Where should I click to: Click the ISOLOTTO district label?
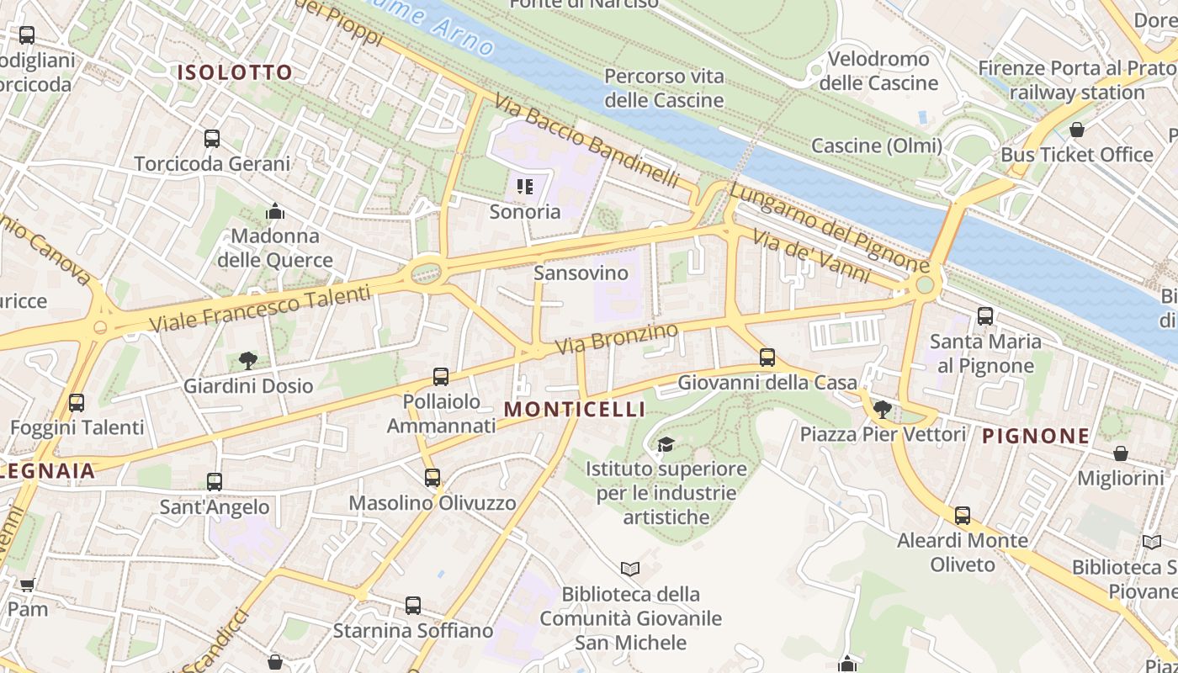(x=234, y=72)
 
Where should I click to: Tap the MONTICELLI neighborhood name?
(x=575, y=410)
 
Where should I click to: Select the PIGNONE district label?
(x=1036, y=436)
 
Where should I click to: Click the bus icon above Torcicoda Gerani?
(x=212, y=138)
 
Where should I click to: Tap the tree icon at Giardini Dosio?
(x=247, y=361)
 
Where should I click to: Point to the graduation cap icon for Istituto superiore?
(x=666, y=444)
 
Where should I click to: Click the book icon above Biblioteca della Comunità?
(x=630, y=570)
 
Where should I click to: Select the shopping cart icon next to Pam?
(x=27, y=585)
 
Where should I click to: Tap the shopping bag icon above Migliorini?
(x=1120, y=453)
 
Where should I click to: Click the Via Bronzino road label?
(x=616, y=339)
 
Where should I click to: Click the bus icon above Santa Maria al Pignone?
(x=984, y=316)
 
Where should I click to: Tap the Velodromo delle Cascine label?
(x=878, y=71)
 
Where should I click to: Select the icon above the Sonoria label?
(x=525, y=187)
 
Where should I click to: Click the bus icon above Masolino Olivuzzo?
(x=432, y=478)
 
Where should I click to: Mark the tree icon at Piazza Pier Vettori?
(x=882, y=410)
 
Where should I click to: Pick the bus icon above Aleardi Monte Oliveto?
(x=963, y=515)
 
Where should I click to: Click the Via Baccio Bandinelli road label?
(x=586, y=140)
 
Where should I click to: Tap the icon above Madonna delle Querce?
(x=275, y=211)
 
